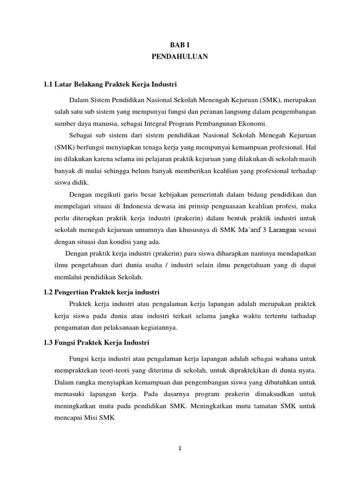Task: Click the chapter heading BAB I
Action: pyautogui.click(x=180, y=45)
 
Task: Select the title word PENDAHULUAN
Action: pyautogui.click(x=180, y=56)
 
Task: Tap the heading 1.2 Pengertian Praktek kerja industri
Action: pyautogui.click(x=102, y=292)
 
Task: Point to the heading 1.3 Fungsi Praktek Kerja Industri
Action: pyautogui.click(x=96, y=343)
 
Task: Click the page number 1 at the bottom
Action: pyautogui.click(x=180, y=448)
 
